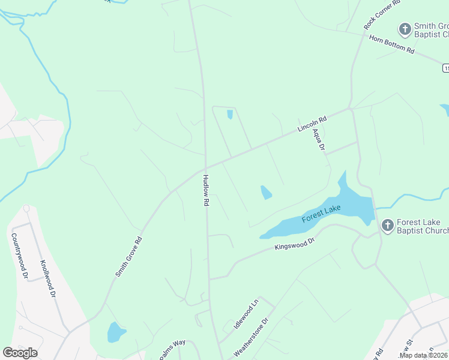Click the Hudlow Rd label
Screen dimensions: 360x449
205,191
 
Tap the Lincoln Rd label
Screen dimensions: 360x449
312,125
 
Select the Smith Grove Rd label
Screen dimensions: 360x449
128,257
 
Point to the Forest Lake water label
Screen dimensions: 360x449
321,213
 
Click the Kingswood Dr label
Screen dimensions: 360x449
295,243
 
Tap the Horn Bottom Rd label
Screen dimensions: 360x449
392,45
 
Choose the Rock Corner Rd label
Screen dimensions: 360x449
381,15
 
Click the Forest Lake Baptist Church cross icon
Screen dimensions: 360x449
388,226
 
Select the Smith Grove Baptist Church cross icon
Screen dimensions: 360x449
405,29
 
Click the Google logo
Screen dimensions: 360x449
20,353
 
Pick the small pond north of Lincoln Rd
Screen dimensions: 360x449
230,114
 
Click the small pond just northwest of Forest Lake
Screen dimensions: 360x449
265,193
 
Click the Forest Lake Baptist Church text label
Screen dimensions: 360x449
423,226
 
